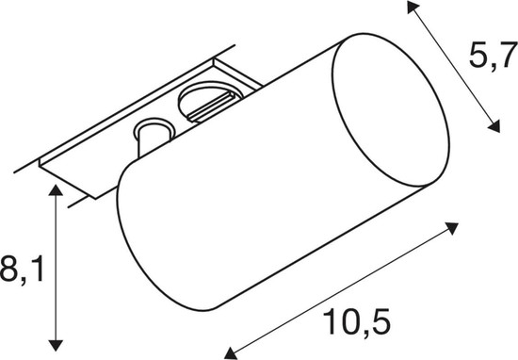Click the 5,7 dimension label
[x=494, y=56]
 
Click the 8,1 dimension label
[x=22, y=269]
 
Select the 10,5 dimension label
[x=356, y=321]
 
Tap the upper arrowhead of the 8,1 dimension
[x=56, y=190]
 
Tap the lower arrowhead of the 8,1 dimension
[x=56, y=345]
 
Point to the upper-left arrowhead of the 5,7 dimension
[x=413, y=7]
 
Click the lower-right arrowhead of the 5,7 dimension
[x=494, y=127]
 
